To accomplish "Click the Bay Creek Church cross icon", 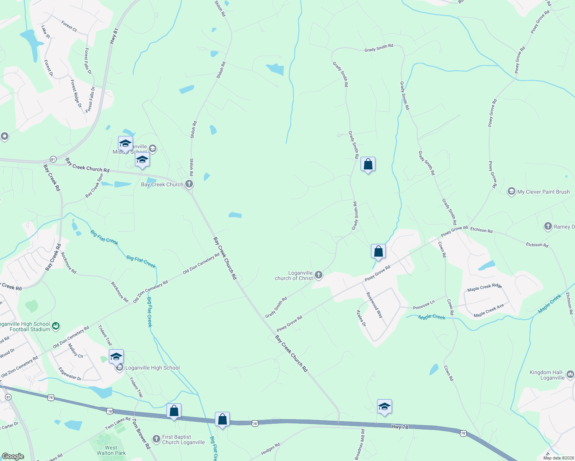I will point(189,184).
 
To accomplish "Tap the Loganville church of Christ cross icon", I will point(318,275).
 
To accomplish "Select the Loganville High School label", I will point(152,368).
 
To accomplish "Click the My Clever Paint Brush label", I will point(543,192).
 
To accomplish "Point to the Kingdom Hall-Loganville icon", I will point(570,374).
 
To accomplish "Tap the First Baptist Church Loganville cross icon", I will point(156,438).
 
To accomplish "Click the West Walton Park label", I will point(111,450).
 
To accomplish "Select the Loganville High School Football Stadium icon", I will point(56,326).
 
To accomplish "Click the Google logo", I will point(13,456).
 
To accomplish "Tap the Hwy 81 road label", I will point(114,36).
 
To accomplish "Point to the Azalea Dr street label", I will point(361,318).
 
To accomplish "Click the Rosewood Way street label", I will point(374,305).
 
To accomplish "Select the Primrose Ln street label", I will point(424,305).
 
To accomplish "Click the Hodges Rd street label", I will point(270,449).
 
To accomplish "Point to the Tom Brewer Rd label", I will point(141,433).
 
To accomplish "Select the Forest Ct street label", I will point(69,26).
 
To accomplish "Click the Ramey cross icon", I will point(548,227).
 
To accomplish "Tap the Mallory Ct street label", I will point(75,350).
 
